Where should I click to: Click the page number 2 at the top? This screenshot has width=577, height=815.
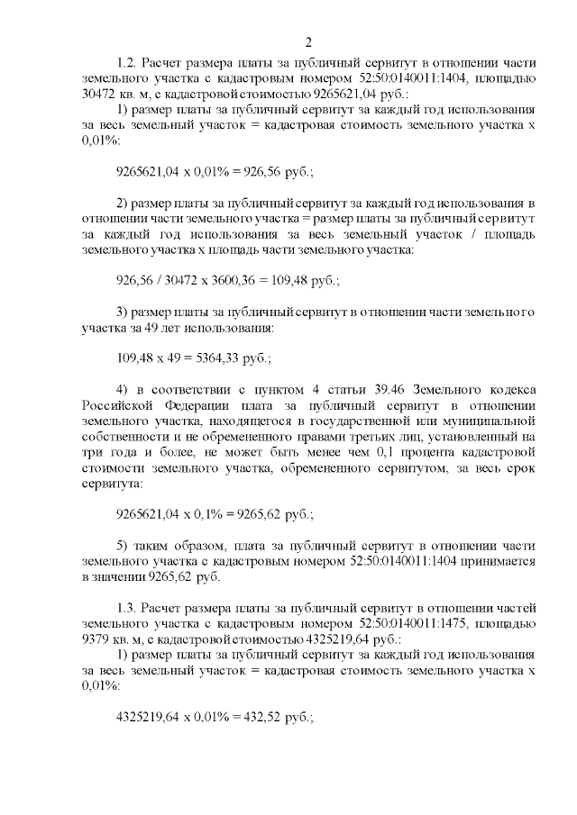[308, 42]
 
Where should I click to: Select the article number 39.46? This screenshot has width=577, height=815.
[371, 388]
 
